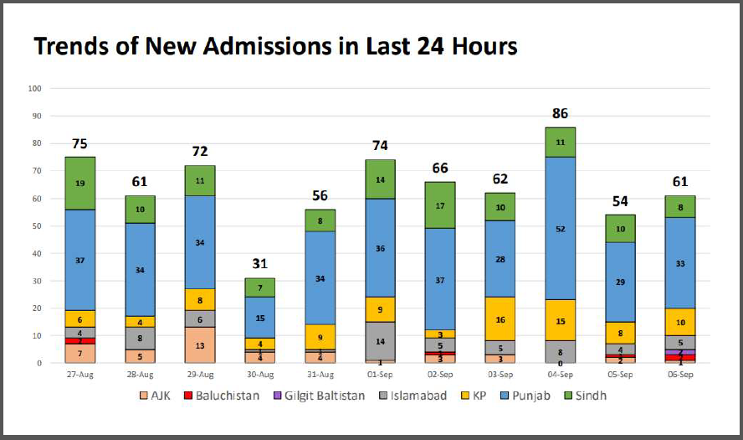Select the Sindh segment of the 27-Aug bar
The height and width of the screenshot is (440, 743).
[x=80, y=183]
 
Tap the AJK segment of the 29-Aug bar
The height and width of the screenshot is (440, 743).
[x=201, y=344]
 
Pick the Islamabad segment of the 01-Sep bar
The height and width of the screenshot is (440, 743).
[x=380, y=341]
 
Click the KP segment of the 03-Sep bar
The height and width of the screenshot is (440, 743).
[x=500, y=319]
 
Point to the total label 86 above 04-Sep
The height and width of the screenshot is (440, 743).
[x=559, y=113]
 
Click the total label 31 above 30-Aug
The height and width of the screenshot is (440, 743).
[x=260, y=264]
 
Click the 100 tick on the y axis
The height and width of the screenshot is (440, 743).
[x=34, y=88]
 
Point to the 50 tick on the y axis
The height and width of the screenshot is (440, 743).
[x=36, y=225]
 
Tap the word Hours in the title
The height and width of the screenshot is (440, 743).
[x=479, y=47]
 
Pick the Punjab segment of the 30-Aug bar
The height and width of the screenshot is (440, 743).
[x=260, y=318]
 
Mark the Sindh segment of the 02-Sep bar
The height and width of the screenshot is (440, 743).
[x=439, y=205]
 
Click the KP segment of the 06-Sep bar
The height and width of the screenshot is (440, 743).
[x=679, y=322]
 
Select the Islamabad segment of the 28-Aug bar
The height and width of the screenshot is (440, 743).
[x=141, y=339]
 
